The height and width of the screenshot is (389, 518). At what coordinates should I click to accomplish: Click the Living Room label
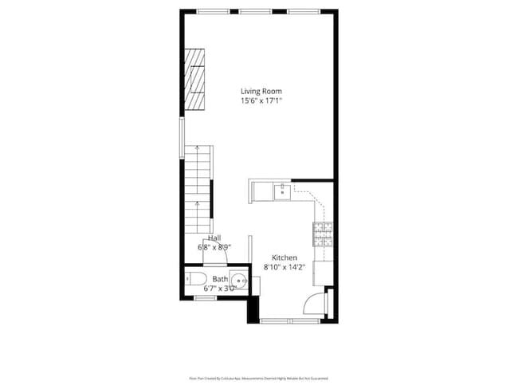261,91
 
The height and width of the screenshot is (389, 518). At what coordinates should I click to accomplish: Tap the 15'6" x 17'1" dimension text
261,101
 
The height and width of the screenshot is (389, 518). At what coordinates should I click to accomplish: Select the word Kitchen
285,257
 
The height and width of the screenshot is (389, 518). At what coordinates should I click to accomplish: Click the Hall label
214,238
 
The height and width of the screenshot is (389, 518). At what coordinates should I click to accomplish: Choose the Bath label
220,279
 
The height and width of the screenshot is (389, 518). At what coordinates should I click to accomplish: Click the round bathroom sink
241,280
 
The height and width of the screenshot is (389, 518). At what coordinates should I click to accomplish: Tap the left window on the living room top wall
209,10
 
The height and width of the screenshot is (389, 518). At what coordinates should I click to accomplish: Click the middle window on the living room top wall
253,10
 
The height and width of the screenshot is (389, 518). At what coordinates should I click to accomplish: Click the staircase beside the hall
197,187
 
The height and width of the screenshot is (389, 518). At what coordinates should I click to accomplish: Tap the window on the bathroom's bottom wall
206,297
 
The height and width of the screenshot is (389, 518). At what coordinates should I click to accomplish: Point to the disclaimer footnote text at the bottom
258,378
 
